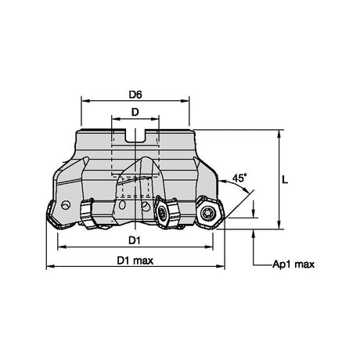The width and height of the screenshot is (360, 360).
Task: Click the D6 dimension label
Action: (x=135, y=95)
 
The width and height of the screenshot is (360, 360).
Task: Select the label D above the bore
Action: (x=135, y=112)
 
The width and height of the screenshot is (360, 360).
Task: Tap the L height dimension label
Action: (x=285, y=179)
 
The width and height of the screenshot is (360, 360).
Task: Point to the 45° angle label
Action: (x=239, y=178)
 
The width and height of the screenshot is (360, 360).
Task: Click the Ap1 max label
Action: (x=293, y=265)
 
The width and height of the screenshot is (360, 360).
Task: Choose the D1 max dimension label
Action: (x=135, y=261)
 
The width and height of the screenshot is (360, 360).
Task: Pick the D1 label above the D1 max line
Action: (x=135, y=240)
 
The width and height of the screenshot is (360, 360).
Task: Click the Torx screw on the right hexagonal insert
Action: (x=208, y=214)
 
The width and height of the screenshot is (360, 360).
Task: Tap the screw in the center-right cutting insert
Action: (x=161, y=214)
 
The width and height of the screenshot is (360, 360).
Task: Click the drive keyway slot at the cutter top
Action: (x=135, y=136)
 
